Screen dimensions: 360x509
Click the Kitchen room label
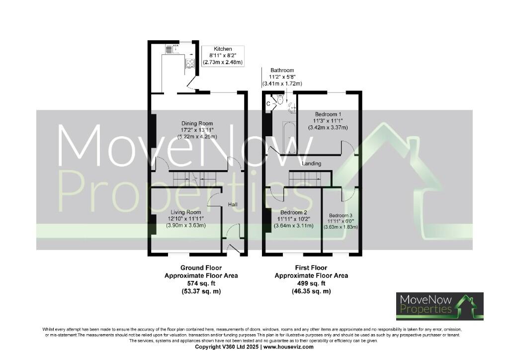click(222, 49)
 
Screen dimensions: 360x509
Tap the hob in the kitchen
click(189, 63)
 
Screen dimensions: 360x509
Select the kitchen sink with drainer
click(170, 49)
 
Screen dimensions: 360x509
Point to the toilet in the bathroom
click(280, 100)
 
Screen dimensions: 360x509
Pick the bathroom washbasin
click(292, 105)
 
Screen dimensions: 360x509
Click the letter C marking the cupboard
click(268, 103)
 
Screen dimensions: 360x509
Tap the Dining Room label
click(197, 123)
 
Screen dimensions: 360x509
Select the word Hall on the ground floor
click(233, 204)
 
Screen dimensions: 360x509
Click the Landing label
click(311, 163)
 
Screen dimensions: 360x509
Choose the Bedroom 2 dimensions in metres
click(293, 226)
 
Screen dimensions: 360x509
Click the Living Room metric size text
click(186, 226)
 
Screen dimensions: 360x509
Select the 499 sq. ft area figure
click(311, 283)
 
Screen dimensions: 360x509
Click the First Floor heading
click(311, 268)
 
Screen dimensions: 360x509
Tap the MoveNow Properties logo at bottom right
click(439, 306)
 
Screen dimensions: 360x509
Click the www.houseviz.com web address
click(288, 347)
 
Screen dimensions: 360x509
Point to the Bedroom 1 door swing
click(347, 147)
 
